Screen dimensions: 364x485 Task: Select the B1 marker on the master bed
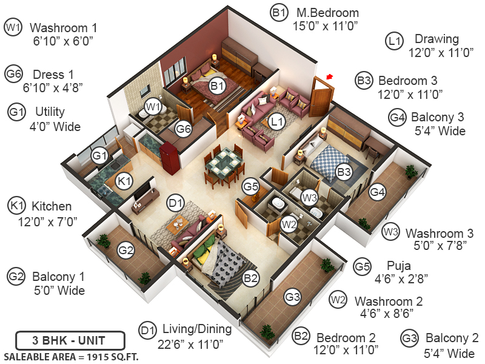(x=216, y=86)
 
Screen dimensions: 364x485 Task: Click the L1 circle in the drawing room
(x=277, y=122)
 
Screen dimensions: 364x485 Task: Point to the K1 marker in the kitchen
(x=124, y=181)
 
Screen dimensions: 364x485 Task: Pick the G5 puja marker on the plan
(x=251, y=186)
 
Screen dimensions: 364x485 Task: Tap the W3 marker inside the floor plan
(x=310, y=197)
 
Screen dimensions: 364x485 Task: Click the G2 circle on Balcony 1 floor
(x=125, y=249)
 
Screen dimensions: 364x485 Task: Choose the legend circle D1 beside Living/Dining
(x=147, y=330)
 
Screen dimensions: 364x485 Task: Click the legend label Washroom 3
(x=435, y=233)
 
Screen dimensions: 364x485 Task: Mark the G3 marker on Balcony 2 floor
(x=293, y=297)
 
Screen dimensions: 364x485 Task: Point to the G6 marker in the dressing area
(x=184, y=128)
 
